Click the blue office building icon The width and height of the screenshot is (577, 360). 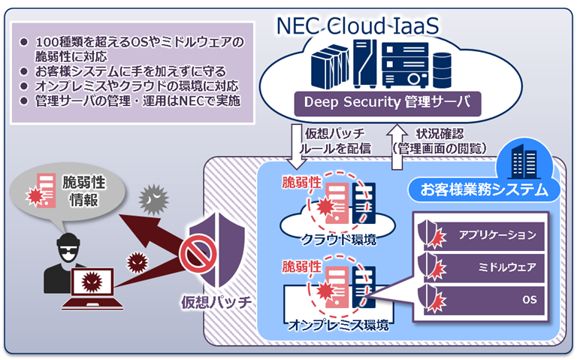tap(523, 162)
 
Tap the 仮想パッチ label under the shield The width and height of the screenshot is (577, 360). tap(215, 303)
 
